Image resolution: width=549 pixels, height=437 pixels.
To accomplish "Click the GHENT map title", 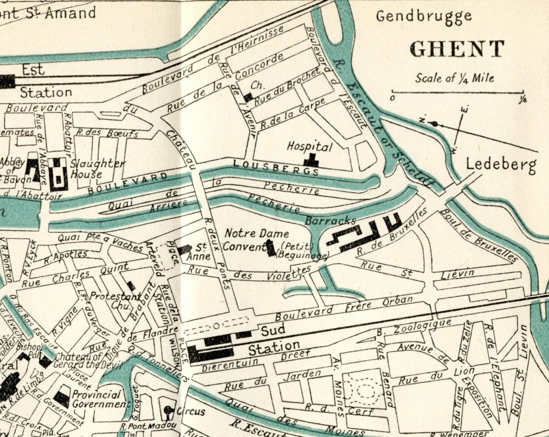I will coord(457,49).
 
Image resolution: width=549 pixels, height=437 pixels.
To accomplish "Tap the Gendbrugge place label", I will coord(424,17).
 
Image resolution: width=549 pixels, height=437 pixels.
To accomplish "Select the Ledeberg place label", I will coord(501,165).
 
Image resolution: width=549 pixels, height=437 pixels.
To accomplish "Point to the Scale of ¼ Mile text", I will coord(454,78).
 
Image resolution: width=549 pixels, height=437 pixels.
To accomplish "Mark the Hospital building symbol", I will coord(312,161).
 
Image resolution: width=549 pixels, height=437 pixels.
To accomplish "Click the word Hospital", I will coord(309,146).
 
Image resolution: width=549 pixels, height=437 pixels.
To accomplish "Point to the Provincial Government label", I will coord(100,399).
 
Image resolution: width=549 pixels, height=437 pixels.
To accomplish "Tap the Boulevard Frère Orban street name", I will coord(344,307).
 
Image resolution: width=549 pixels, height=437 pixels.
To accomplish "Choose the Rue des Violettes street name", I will coord(249,274).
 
